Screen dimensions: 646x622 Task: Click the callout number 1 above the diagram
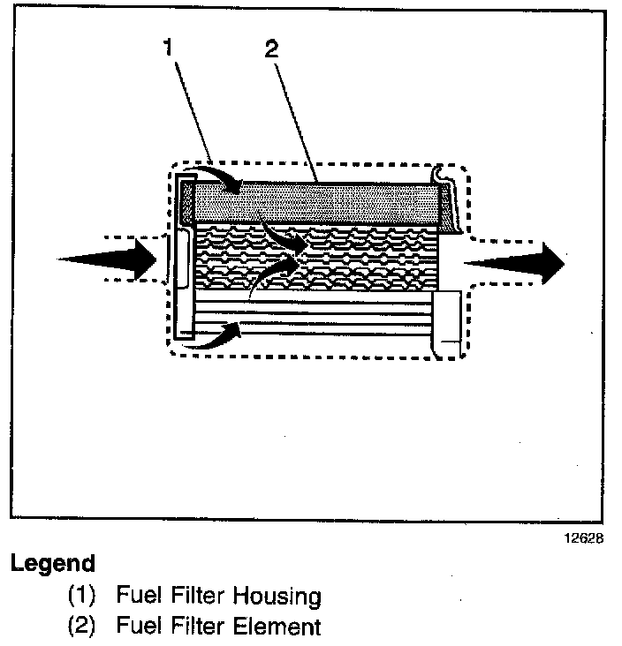[166, 49]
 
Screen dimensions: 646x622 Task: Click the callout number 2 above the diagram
[271, 50]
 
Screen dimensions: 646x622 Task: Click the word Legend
[52, 563]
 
